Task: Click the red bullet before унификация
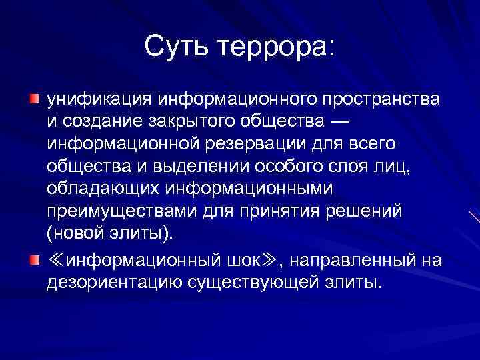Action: point(35,99)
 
